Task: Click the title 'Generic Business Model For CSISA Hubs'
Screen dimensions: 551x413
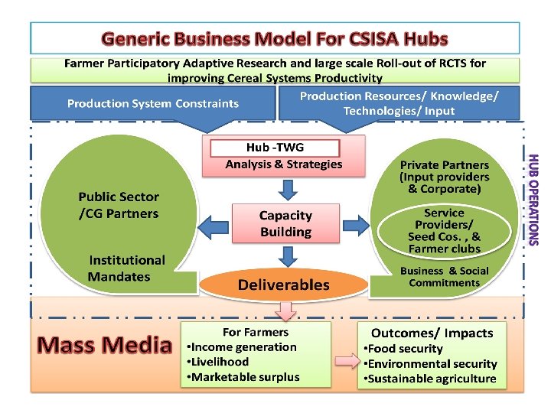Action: pyautogui.click(x=275, y=38)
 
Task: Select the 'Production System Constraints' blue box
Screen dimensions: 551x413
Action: pyautogui.click(x=152, y=104)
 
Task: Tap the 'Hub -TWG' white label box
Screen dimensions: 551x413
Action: pyautogui.click(x=273, y=148)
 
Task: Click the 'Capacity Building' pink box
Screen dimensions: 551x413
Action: pyautogui.click(x=285, y=224)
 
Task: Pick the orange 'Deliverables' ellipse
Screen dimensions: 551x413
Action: pyautogui.click(x=283, y=285)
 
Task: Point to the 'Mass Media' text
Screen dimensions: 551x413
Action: pyautogui.click(x=105, y=345)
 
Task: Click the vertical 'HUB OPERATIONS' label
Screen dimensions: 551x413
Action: pyautogui.click(x=534, y=200)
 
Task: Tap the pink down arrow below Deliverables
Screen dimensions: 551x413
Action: pyautogui.click(x=285, y=311)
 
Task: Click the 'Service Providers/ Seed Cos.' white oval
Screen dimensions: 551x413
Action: pyautogui.click(x=445, y=230)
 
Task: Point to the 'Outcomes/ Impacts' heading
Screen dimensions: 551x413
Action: pyautogui.click(x=432, y=333)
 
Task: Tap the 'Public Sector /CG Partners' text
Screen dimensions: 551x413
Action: pyautogui.click(x=119, y=206)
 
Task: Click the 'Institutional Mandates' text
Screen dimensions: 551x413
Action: pyautogui.click(x=126, y=268)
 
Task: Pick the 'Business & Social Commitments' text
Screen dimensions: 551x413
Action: pyautogui.click(x=444, y=277)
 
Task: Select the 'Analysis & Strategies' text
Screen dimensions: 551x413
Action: pyautogui.click(x=284, y=164)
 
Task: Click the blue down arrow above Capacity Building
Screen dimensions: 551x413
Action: pyautogui.click(x=285, y=188)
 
